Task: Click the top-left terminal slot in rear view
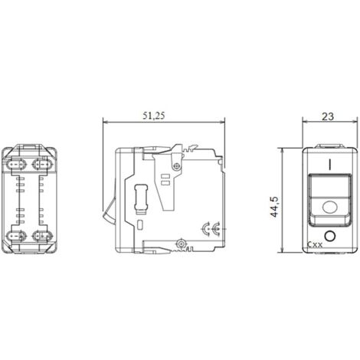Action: [17, 165]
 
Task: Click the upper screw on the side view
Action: [178, 164]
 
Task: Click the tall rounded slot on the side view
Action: [140, 197]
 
